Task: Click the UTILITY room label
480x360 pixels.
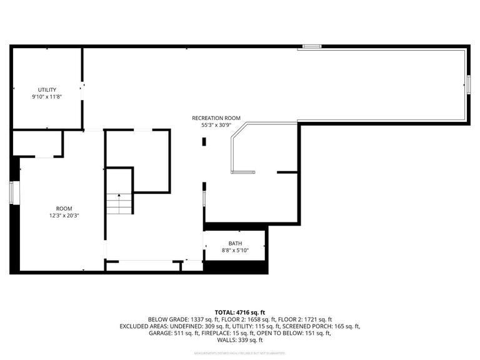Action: pyautogui.click(x=47, y=90)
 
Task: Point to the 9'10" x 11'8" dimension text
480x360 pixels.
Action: pyautogui.click(x=47, y=97)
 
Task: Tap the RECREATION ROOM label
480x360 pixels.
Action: pyautogui.click(x=216, y=117)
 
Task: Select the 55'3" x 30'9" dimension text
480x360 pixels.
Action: pyautogui.click(x=216, y=124)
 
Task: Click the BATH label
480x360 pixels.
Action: pyautogui.click(x=235, y=244)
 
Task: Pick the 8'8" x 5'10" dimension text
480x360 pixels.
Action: pyautogui.click(x=235, y=251)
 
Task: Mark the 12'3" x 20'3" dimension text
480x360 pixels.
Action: pyautogui.click(x=64, y=216)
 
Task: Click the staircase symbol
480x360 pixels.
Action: pyautogui.click(x=119, y=203)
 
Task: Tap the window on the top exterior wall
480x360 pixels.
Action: pyautogui.click(x=312, y=46)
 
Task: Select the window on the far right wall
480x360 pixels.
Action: pyautogui.click(x=467, y=84)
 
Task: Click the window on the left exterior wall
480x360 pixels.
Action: pyautogui.click(x=11, y=192)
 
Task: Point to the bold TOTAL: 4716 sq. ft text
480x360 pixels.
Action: pyautogui.click(x=240, y=312)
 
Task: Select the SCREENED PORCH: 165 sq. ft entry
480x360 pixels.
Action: pyautogui.click(x=324, y=326)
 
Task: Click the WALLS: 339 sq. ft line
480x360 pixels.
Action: pyautogui.click(x=240, y=341)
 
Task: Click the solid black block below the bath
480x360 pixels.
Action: pyautogui.click(x=236, y=267)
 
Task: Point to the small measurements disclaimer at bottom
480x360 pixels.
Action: pyautogui.click(x=240, y=354)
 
